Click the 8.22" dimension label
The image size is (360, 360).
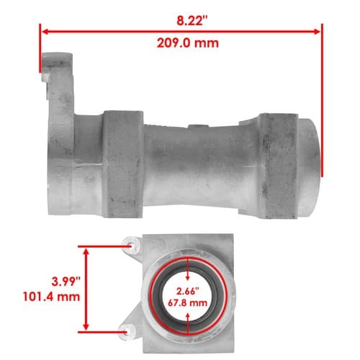pyautogui.click(x=192, y=21)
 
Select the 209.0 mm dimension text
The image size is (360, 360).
pyautogui.click(x=188, y=43)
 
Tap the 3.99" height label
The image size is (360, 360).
pyautogui.click(x=66, y=282)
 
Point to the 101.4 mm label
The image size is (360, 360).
pyautogui.click(x=51, y=297)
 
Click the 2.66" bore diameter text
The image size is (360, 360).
pyautogui.click(x=188, y=292)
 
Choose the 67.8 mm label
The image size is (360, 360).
pyautogui.click(x=187, y=302)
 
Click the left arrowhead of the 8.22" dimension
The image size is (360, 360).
pyautogui.click(x=45, y=32)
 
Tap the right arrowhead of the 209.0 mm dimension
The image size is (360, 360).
pyautogui.click(x=318, y=32)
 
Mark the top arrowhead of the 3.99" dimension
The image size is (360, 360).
pyautogui.click(x=86, y=251)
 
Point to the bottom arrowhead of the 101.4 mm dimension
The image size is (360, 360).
pyautogui.click(x=86, y=326)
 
